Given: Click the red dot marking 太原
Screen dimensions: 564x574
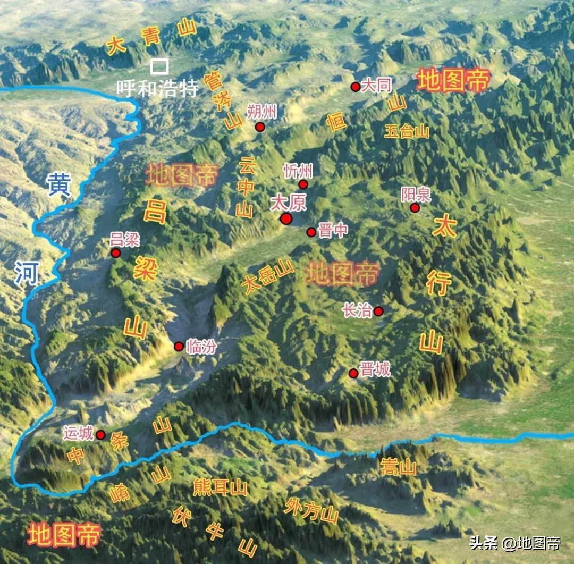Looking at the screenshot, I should [x=286, y=219].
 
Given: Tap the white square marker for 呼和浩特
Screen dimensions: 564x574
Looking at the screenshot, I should [x=159, y=66].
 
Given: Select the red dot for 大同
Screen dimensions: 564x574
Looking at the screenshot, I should [x=356, y=87].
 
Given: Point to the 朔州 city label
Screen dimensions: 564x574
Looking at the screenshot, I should [x=262, y=112].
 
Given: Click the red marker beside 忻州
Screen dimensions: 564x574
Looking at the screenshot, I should [x=303, y=184].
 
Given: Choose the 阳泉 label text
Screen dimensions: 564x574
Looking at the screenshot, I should [x=416, y=195].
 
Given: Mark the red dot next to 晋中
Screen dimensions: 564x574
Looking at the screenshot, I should [x=311, y=232].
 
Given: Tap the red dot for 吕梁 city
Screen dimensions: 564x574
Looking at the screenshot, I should [x=116, y=253].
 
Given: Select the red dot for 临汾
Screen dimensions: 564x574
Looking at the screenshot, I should [x=179, y=347].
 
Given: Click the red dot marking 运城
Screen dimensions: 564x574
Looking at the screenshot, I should [x=100, y=435].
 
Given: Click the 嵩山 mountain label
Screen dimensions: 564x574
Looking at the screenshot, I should [x=398, y=468].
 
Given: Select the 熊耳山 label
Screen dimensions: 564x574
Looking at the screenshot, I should [x=220, y=487].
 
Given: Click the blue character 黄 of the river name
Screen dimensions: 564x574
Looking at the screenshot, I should [x=58, y=184].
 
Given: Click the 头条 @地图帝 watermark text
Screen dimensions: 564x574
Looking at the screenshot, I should [x=514, y=543].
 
